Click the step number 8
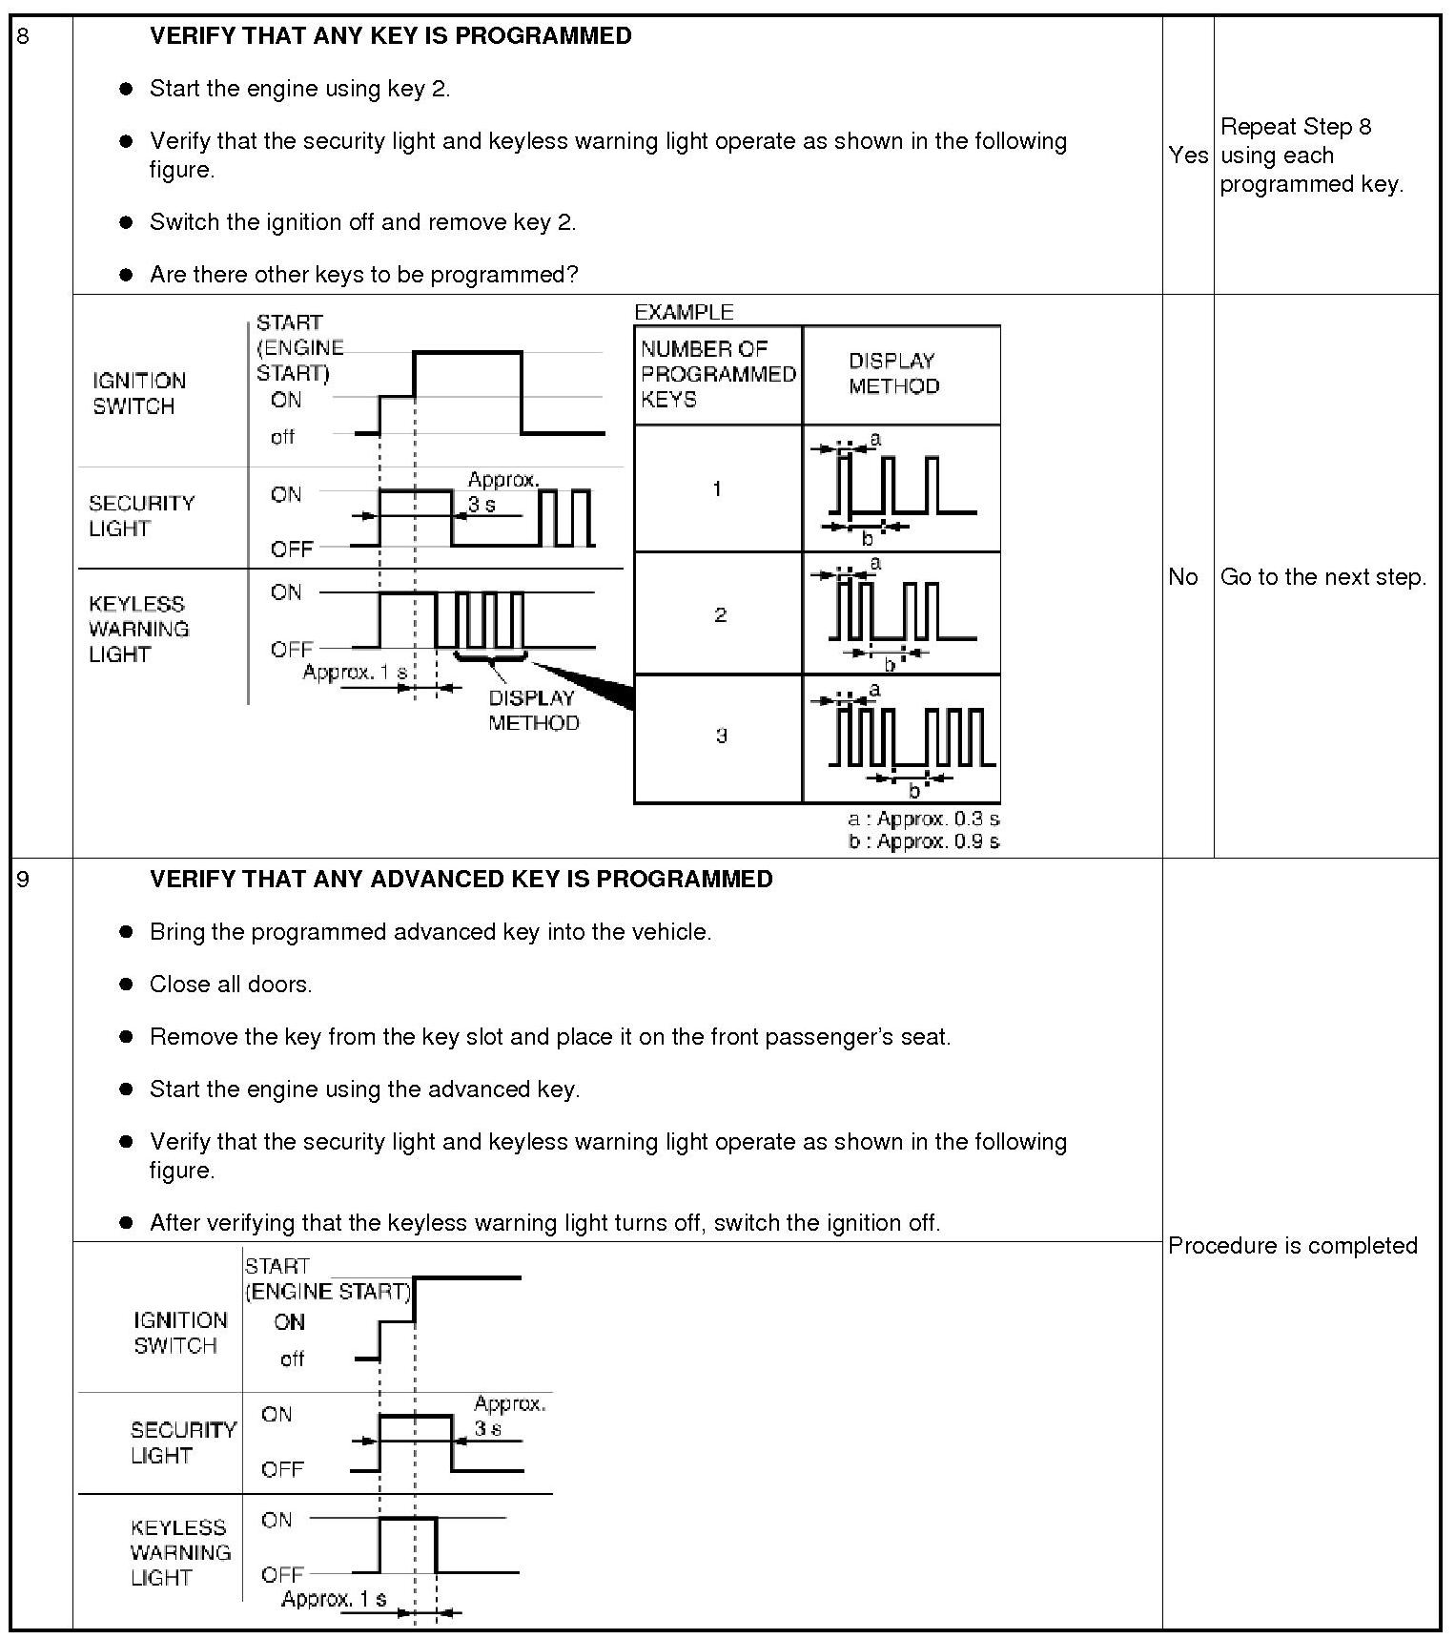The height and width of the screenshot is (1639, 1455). tap(23, 36)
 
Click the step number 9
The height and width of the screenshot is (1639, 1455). tap(23, 880)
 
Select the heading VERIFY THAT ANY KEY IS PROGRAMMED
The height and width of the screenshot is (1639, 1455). tap(390, 36)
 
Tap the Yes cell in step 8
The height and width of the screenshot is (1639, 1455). tap(1187, 156)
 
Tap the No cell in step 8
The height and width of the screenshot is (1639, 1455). tap(1182, 577)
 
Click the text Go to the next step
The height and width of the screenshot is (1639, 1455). tap(1322, 577)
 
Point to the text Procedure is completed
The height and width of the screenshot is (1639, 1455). tap(1292, 1246)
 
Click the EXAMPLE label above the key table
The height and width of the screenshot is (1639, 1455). tap(684, 313)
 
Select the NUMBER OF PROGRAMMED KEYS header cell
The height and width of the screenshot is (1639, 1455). tap(718, 374)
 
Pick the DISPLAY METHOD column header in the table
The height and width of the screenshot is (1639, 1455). tap(893, 374)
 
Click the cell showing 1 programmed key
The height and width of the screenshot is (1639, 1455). tap(717, 489)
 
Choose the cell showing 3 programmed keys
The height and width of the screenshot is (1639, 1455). tap(720, 736)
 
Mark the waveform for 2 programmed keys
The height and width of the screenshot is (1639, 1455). tap(901, 613)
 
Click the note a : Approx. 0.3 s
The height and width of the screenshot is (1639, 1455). tap(923, 819)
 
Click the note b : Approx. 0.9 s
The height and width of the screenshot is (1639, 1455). tap(923, 841)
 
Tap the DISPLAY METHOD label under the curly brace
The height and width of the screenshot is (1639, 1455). tap(533, 711)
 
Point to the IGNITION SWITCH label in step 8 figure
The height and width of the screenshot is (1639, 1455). tap(138, 393)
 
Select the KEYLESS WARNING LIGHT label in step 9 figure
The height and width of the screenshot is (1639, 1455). tap(180, 1553)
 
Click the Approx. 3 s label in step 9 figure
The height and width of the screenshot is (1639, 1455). tap(509, 1416)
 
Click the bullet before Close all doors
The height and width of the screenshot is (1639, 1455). tap(126, 985)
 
